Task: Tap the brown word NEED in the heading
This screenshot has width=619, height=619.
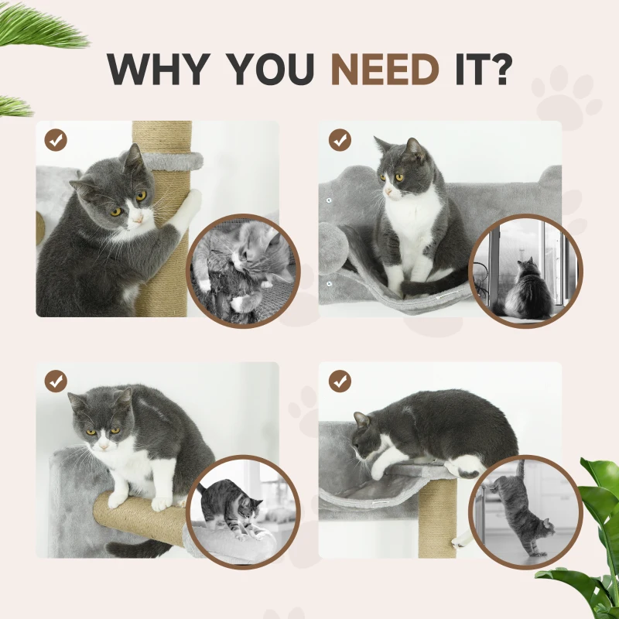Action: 385,69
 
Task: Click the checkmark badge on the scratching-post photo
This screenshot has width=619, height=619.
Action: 56,140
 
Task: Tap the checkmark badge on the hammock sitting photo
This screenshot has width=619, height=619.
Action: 340,140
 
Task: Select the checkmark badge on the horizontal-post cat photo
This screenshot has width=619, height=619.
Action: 56,381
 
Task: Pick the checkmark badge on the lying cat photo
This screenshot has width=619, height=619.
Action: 340,381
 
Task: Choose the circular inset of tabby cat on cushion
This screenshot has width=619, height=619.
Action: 242,511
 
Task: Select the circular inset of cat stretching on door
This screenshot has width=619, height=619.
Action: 525,511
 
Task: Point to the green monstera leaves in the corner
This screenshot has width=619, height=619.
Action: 588,542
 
